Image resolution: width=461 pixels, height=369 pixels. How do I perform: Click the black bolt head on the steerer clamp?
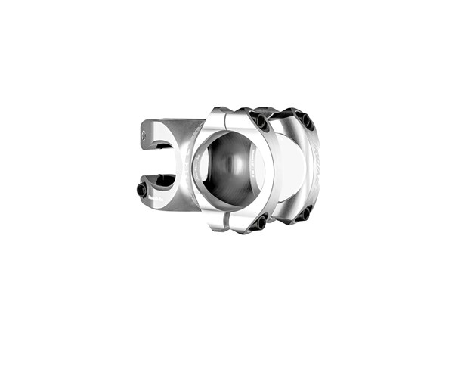[x=142, y=191]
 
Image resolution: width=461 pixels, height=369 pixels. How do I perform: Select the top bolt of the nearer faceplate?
[x=261, y=122]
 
